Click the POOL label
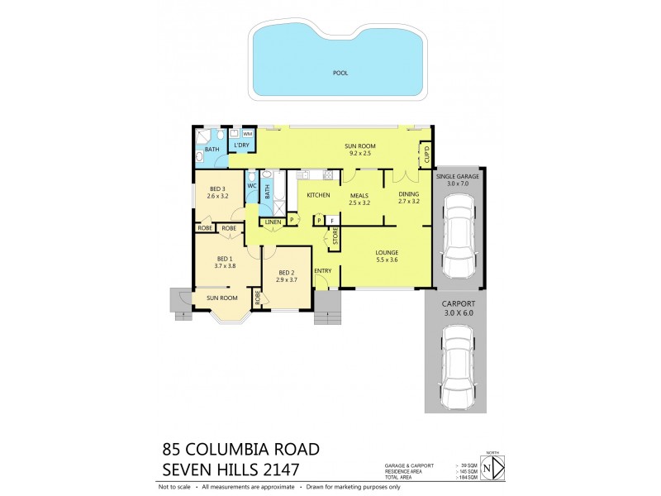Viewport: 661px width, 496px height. (x=340, y=73)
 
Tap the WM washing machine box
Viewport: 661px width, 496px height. (x=247, y=134)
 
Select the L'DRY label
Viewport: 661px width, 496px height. (x=241, y=146)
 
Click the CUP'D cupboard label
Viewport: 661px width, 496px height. (x=426, y=154)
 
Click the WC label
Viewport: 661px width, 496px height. (x=252, y=186)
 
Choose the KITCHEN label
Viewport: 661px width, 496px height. (x=318, y=195)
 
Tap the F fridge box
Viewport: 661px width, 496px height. (x=331, y=221)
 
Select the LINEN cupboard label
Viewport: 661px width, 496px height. (x=273, y=222)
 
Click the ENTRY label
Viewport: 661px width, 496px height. (x=322, y=271)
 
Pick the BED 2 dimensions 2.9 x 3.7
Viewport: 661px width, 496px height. (x=287, y=280)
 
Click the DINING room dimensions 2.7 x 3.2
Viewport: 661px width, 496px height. (x=409, y=201)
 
